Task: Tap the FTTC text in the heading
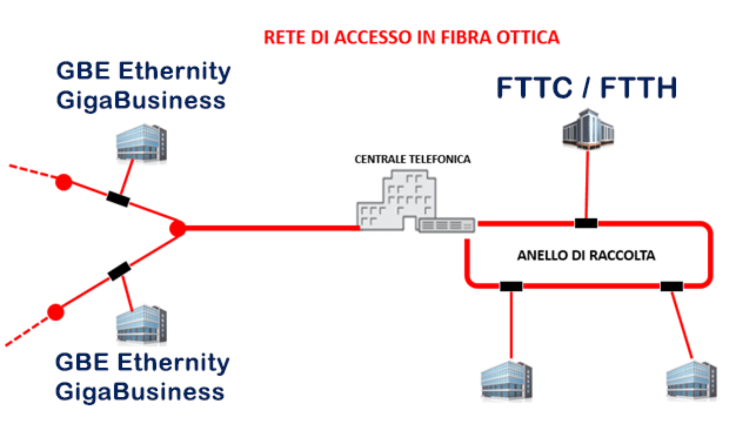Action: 534,87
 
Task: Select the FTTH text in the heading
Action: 638,87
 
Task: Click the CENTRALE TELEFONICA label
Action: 412,159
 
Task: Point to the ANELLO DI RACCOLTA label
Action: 586,255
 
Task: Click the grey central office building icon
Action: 396,201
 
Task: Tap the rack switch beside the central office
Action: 447,225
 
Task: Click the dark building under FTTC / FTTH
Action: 588,130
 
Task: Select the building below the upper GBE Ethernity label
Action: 141,142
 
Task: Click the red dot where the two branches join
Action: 178,228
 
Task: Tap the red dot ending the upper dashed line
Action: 64,182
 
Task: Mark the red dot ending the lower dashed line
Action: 56,312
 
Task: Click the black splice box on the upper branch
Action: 118,199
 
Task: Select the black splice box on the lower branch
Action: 119,271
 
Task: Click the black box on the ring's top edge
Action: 586,224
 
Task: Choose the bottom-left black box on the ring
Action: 511,286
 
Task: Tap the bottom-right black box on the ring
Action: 671,286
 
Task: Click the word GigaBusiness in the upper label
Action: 141,100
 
